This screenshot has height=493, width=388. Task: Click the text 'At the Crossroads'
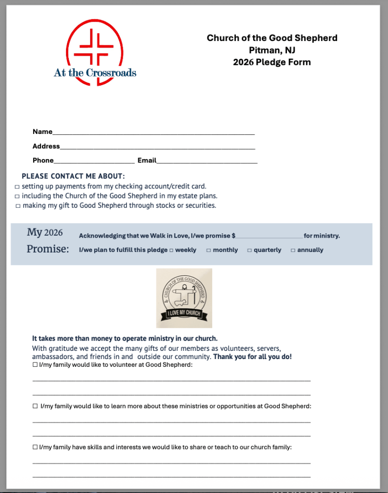(95, 73)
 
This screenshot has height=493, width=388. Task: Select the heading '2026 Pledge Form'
(272, 62)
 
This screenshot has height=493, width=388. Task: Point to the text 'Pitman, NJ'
(272, 50)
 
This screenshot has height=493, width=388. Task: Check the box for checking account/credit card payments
(17, 187)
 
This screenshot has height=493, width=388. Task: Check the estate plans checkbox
(17, 197)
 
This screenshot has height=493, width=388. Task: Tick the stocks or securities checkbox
(18, 206)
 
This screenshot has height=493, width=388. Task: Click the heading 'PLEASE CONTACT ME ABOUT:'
(73, 176)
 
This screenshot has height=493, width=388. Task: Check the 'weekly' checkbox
(171, 251)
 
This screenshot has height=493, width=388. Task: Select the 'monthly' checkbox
(208, 251)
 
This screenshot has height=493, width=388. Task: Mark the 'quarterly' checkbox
(249, 251)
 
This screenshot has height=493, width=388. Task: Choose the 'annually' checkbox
(293, 251)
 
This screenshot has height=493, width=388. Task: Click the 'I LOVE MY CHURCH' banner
(184, 314)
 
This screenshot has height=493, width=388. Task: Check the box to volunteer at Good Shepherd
(35, 365)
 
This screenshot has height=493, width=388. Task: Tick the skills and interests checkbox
(35, 447)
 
